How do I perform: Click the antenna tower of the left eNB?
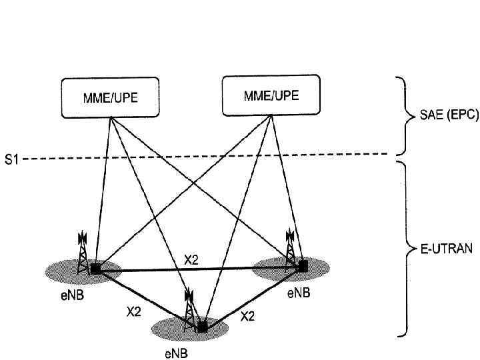[83, 253]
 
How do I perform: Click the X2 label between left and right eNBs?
[191, 260]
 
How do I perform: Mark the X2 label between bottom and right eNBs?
[247, 316]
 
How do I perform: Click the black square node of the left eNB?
[96, 269]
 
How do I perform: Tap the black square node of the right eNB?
[303, 265]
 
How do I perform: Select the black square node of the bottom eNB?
[202, 327]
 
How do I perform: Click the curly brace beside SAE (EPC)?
[404, 115]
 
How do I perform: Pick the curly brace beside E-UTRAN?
[404, 248]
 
